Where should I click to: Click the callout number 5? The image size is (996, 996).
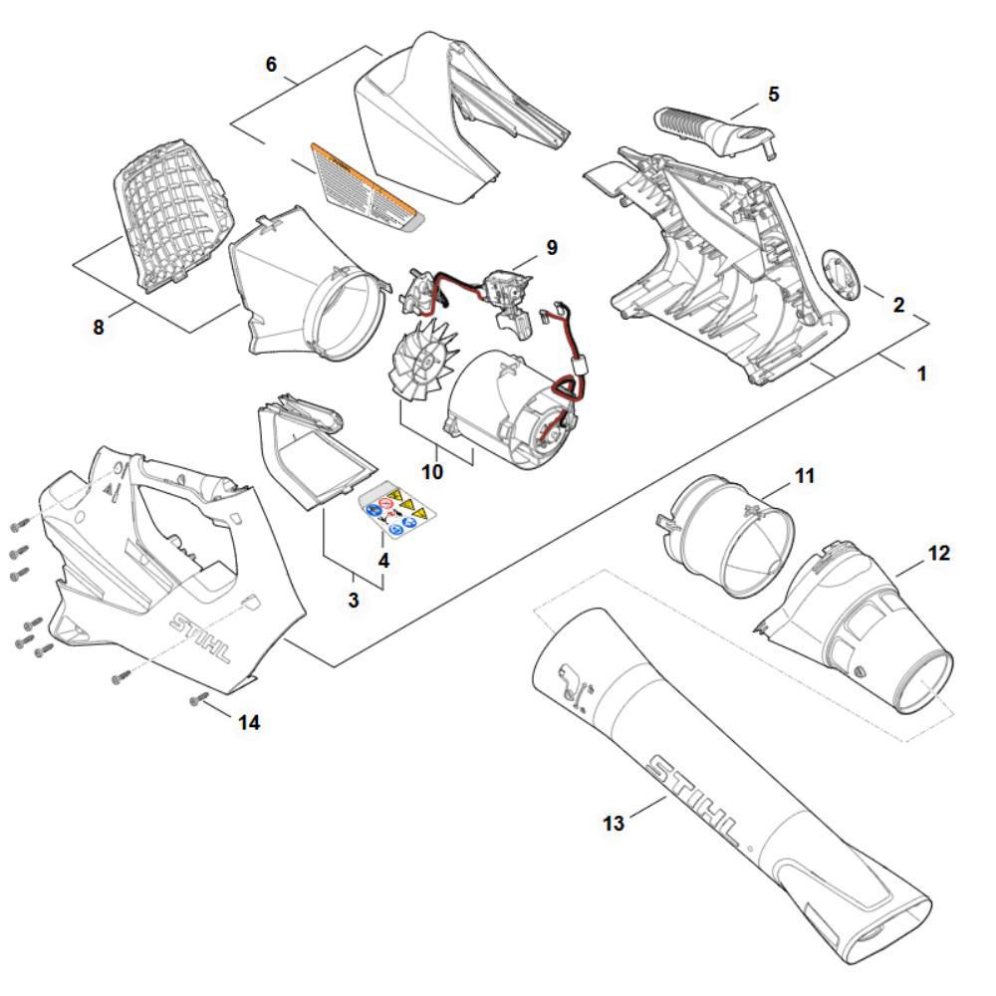774,95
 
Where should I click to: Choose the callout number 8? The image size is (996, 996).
98,326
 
